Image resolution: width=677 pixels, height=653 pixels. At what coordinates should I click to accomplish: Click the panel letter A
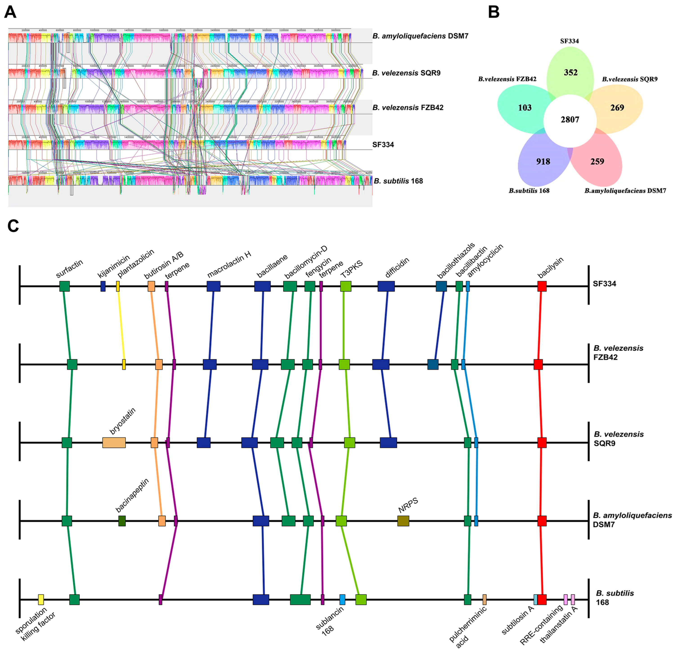(10, 12)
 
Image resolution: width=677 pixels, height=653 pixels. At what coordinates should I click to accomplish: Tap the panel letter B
(494, 12)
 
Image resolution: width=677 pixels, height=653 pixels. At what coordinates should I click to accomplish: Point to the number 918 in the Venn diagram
(543, 161)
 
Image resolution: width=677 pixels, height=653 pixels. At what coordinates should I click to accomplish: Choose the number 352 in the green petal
(571, 72)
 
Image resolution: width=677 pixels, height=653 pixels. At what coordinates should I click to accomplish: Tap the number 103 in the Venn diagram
(525, 108)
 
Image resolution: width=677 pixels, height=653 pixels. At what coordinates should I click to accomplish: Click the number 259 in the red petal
(597, 161)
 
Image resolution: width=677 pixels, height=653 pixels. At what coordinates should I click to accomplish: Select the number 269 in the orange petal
(617, 108)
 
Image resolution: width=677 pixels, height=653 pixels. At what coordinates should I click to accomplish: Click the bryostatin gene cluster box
(114, 443)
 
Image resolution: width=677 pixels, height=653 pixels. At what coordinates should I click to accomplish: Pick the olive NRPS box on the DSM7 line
(403, 521)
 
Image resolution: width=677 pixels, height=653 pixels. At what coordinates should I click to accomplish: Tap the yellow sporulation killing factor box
(41, 599)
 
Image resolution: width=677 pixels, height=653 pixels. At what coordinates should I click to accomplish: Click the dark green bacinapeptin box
(122, 521)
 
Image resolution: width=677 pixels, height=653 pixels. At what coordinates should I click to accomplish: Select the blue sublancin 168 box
(342, 599)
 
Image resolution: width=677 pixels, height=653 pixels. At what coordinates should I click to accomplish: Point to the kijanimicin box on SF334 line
(103, 286)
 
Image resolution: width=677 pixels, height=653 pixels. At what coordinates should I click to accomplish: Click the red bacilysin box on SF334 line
(542, 286)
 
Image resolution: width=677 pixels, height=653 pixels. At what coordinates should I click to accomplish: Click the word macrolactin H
(229, 264)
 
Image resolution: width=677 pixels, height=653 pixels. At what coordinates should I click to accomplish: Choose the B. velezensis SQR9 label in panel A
(406, 73)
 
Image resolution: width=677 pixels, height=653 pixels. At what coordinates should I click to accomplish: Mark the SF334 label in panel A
(383, 144)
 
